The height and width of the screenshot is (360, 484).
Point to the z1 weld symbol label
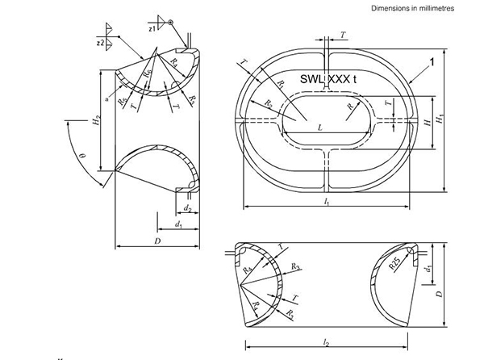point(152,28)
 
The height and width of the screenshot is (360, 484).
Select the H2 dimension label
point(96,123)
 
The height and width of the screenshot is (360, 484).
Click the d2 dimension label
point(165,209)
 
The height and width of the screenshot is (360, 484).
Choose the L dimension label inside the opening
point(319,128)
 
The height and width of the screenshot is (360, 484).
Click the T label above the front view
point(344,36)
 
